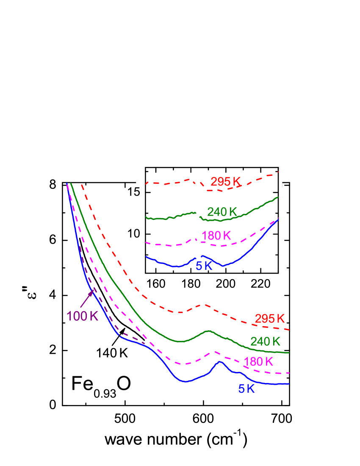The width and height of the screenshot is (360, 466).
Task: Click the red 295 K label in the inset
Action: (225, 182)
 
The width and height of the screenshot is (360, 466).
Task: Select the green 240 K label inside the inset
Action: (222, 212)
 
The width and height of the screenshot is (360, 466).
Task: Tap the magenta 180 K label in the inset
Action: (216, 236)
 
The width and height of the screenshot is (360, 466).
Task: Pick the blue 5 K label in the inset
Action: (204, 266)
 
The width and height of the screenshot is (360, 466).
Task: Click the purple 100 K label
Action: (82, 316)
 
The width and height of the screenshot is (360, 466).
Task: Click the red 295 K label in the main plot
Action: (270, 319)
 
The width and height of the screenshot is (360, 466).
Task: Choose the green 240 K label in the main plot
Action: (266, 341)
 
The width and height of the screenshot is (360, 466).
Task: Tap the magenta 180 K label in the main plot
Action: (259, 362)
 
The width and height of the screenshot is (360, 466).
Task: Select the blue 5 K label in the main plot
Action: (246, 389)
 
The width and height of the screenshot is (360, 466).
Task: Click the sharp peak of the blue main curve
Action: (220, 362)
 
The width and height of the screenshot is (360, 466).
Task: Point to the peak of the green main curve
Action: (208, 331)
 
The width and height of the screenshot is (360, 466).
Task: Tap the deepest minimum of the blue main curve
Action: (186, 381)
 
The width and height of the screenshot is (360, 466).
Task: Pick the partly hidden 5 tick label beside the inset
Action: (137, 192)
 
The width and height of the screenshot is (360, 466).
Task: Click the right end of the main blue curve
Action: (289, 383)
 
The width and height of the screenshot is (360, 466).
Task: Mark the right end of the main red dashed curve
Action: (289, 330)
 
